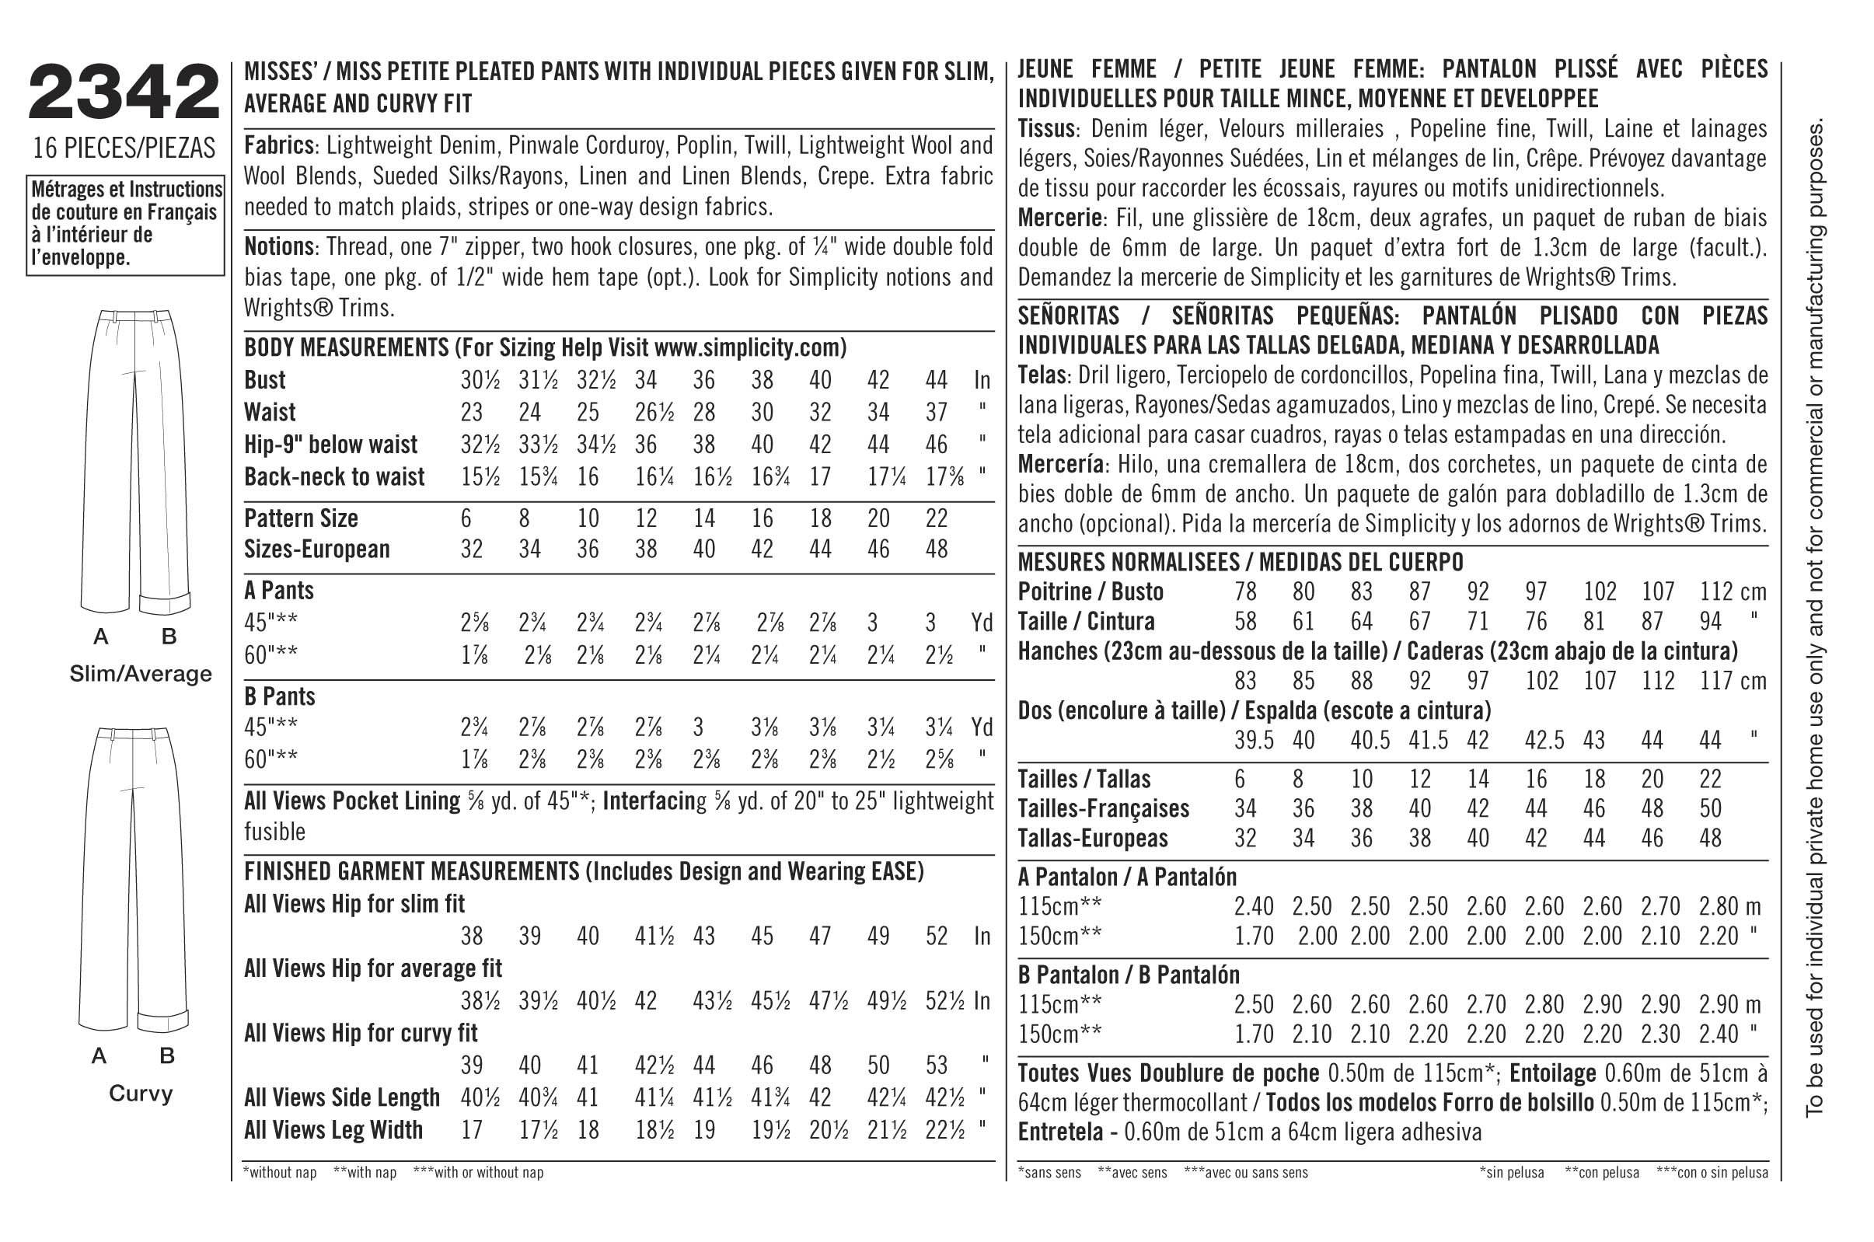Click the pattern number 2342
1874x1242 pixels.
[x=124, y=93]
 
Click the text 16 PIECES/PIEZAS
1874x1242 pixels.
[x=124, y=148]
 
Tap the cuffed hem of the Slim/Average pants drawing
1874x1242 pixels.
[x=165, y=602]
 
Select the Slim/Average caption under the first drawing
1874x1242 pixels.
[x=141, y=674]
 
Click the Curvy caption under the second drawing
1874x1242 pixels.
[x=140, y=1094]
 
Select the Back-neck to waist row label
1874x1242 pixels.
[x=334, y=477]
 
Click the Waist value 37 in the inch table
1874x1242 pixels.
[x=936, y=412]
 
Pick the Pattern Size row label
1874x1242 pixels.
[x=301, y=518]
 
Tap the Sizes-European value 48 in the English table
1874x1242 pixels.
[x=936, y=549]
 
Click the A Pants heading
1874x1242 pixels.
[x=279, y=590]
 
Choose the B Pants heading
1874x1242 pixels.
[x=280, y=696]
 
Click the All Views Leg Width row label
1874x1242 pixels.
[x=333, y=1129]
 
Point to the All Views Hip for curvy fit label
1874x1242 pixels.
[x=361, y=1033]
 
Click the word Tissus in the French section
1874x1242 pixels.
[x=1046, y=129]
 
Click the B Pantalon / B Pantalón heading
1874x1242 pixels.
[x=1129, y=975]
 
